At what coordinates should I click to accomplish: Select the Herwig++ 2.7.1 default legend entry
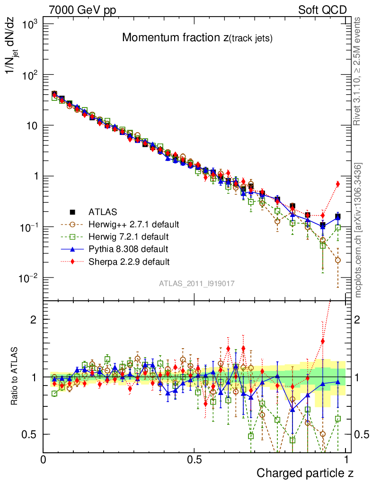pyautogui.click(x=134, y=224)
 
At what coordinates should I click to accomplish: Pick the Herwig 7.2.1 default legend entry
pyautogui.click(x=128, y=236)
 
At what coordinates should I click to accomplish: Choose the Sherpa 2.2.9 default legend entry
pyautogui.click(x=129, y=261)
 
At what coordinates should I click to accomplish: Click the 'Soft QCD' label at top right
pyautogui.click(x=322, y=10)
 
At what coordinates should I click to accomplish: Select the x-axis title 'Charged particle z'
pyautogui.click(x=305, y=473)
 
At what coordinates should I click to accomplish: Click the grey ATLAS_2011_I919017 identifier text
pyautogui.click(x=197, y=283)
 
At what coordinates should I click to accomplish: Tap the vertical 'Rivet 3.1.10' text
pyautogui.click(x=358, y=71)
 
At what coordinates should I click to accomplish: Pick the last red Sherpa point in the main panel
pyautogui.click(x=338, y=184)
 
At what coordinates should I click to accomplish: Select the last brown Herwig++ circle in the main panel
pyautogui.click(x=338, y=260)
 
